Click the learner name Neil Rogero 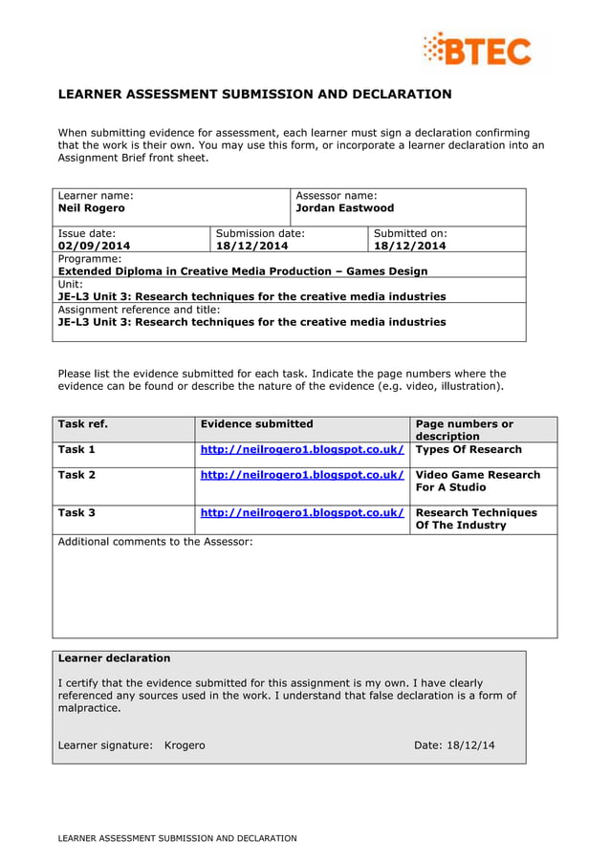92,208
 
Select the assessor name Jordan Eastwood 344,208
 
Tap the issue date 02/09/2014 94,246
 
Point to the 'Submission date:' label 260,233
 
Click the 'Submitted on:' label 409,233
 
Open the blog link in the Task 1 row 301,450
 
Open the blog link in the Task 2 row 301,475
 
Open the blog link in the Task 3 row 301,513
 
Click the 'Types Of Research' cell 468,450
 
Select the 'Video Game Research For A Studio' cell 477,481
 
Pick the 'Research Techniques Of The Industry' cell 476,519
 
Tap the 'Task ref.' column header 83,424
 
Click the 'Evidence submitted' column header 256,424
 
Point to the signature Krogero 185,745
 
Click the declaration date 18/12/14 470,745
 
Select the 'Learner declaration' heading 114,658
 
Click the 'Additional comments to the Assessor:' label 155,543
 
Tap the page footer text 177,838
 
